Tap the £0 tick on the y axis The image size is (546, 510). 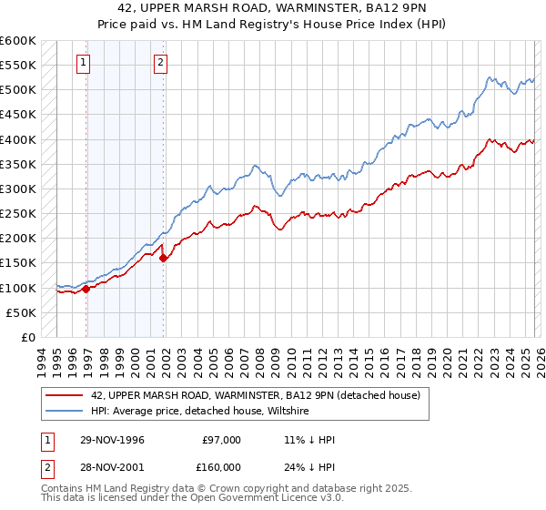27,337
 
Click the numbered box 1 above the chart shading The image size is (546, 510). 84,63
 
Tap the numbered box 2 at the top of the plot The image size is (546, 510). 160,63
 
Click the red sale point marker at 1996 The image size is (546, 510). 86,289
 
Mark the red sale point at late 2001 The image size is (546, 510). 164,258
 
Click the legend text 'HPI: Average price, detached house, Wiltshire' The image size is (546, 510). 200,412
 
